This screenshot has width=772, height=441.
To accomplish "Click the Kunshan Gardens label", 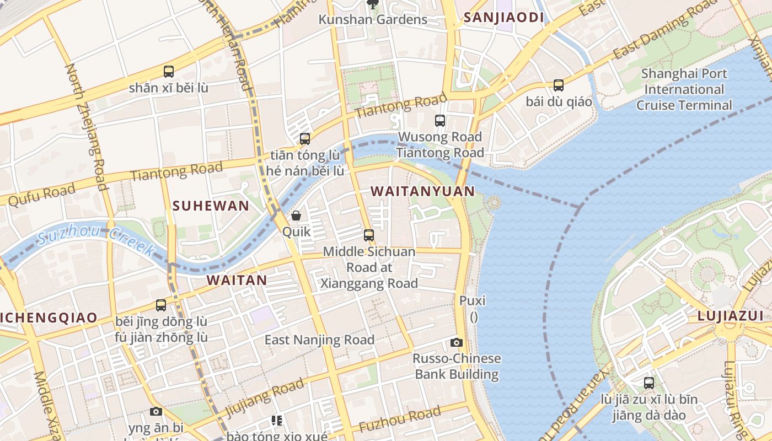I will [x=373, y=19].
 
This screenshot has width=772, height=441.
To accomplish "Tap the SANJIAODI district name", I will [x=504, y=17].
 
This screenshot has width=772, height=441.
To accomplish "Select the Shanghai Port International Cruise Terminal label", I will [x=684, y=89].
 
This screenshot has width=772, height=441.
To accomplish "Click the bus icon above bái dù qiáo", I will [x=559, y=85].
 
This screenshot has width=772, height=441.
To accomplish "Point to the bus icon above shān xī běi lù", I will [x=169, y=72].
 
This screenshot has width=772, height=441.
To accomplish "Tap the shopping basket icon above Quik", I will [x=296, y=216].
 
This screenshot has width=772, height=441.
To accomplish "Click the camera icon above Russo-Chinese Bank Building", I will [x=456, y=342].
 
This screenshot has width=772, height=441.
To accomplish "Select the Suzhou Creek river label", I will [x=96, y=241].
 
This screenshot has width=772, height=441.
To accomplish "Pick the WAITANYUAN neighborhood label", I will [x=422, y=191].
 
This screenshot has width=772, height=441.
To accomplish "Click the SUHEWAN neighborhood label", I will [x=211, y=206].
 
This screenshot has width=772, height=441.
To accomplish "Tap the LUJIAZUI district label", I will [x=730, y=316].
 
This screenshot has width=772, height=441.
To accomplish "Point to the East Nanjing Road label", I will [x=319, y=340].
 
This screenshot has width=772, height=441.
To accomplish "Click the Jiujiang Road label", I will [x=265, y=398].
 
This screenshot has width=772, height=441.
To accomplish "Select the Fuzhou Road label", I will [x=400, y=420].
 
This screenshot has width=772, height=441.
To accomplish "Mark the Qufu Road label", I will [x=41, y=194].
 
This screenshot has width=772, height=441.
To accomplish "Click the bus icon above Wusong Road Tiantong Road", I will [x=440, y=120].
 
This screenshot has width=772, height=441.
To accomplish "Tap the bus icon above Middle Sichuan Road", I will [x=369, y=235].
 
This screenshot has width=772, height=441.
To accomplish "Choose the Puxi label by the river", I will [x=473, y=301].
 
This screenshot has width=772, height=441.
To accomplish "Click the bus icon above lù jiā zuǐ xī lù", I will [x=649, y=383].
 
